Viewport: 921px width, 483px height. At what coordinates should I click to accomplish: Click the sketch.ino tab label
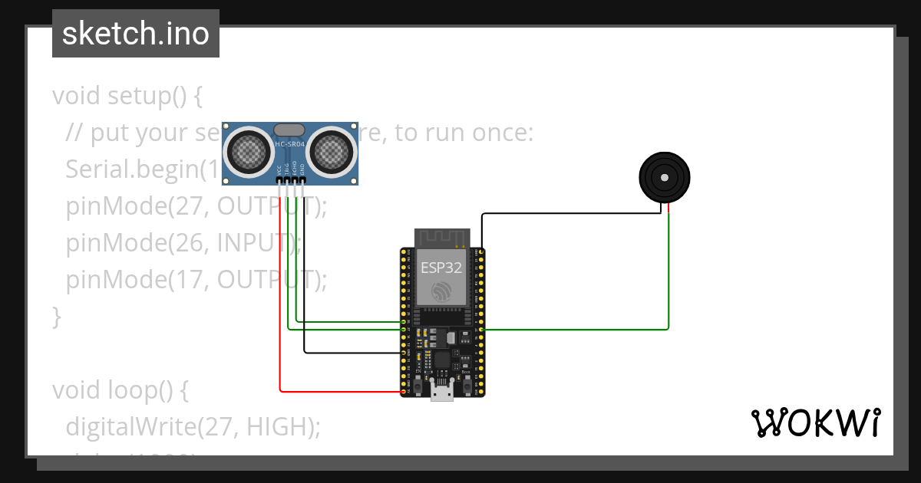[x=135, y=34]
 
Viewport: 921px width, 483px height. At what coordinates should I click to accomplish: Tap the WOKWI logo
[x=815, y=422]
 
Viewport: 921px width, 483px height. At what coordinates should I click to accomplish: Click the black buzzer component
[x=664, y=177]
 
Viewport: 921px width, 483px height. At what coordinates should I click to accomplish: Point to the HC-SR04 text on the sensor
[x=289, y=144]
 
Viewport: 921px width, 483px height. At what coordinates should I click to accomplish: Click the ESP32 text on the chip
[x=441, y=268]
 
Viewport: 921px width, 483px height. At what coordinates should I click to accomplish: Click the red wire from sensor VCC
[x=280, y=307]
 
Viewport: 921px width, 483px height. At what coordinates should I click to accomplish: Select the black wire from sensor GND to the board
[x=305, y=291]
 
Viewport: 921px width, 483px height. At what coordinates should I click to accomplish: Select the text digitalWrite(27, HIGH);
[x=193, y=426]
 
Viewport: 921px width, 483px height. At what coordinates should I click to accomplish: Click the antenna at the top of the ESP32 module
[x=441, y=237]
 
